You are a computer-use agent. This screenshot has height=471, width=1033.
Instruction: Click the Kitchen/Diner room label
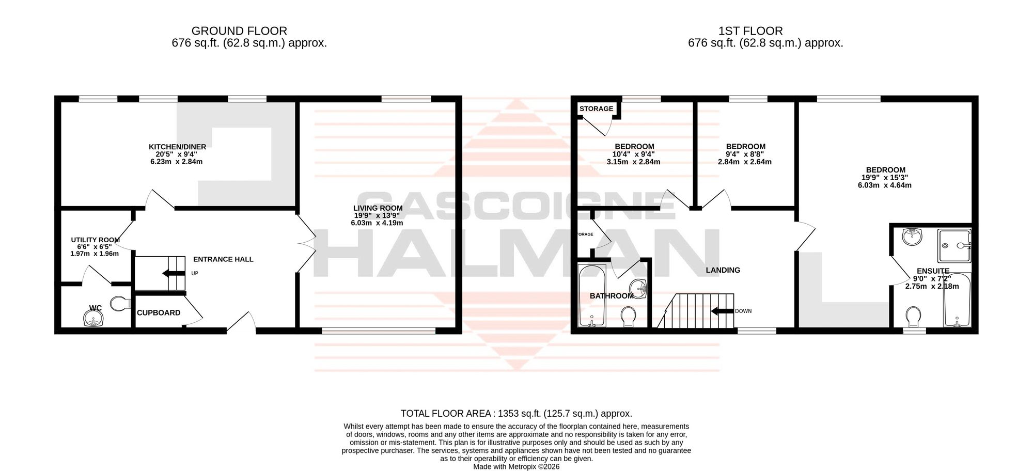pyautogui.click(x=178, y=147)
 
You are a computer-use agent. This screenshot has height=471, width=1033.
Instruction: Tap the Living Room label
pyautogui.click(x=378, y=208)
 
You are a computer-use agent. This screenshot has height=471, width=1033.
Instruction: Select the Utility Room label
pyautogui.click(x=95, y=240)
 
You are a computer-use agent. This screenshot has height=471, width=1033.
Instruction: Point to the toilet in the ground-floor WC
pyautogui.click(x=120, y=303)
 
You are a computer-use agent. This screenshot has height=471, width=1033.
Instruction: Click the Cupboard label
pyautogui.click(x=159, y=312)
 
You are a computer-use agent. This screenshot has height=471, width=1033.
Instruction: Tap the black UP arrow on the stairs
pyautogui.click(x=174, y=273)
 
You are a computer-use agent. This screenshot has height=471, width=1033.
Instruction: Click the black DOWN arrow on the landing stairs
pyautogui.click(x=722, y=311)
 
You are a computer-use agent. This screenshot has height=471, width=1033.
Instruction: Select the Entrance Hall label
pyautogui.click(x=223, y=259)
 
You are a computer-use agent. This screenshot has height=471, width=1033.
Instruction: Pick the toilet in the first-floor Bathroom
pyautogui.click(x=629, y=317)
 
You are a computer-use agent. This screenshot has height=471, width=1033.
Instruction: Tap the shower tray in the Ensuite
pyautogui.click(x=954, y=246)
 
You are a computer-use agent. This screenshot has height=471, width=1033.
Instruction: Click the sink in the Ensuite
pyautogui.click(x=912, y=237)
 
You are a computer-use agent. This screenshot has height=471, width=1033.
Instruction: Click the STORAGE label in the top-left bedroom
pyautogui.click(x=596, y=108)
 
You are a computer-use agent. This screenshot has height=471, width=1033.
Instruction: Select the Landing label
pyautogui.click(x=723, y=270)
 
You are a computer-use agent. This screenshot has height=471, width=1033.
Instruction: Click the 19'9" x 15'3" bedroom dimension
pyautogui.click(x=885, y=177)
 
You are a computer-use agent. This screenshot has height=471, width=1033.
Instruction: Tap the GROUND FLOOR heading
pyautogui.click(x=239, y=31)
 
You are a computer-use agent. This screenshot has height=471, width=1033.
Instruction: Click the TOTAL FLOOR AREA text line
pyautogui.click(x=516, y=414)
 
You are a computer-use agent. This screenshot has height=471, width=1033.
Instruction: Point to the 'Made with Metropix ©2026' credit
pyautogui.click(x=516, y=466)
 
